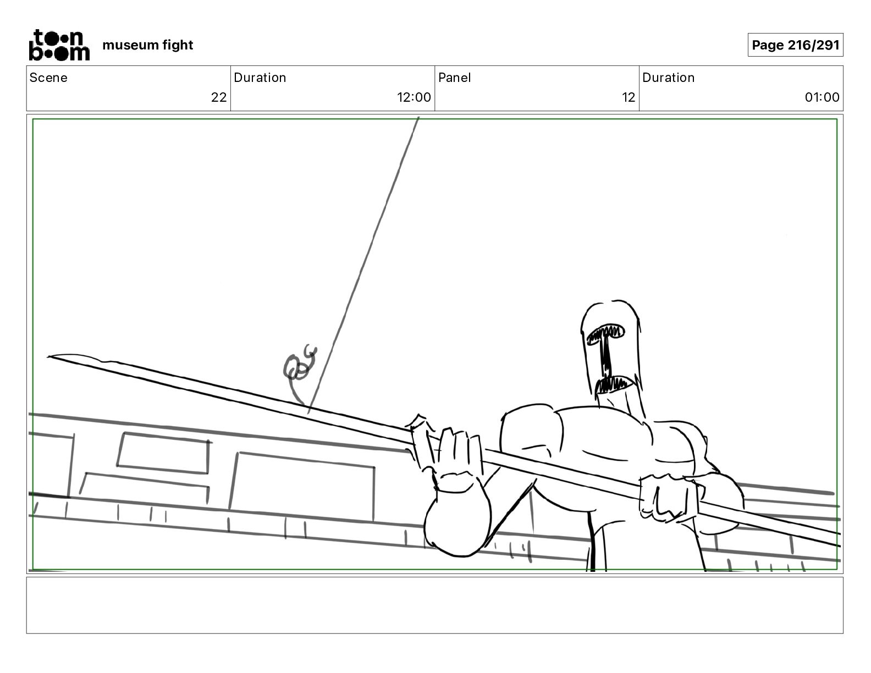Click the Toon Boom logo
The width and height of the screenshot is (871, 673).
tap(59, 45)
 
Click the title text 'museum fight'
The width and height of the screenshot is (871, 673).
tap(147, 45)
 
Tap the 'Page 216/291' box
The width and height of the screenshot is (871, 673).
tap(795, 45)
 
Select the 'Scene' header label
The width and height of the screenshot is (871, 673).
tap(48, 78)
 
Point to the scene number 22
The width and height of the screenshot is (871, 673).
tap(218, 97)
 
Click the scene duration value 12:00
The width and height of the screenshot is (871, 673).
tap(414, 97)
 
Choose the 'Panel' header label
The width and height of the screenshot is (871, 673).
tap(454, 78)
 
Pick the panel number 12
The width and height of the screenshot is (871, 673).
tap(628, 97)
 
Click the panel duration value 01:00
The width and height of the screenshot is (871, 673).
tap(822, 97)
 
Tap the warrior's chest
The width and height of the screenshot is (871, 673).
tap(605, 440)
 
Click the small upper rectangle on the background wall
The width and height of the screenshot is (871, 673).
tap(163, 453)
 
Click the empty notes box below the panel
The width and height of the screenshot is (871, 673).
tap(434, 605)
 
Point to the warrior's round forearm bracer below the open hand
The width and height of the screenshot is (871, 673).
tap(456, 517)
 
